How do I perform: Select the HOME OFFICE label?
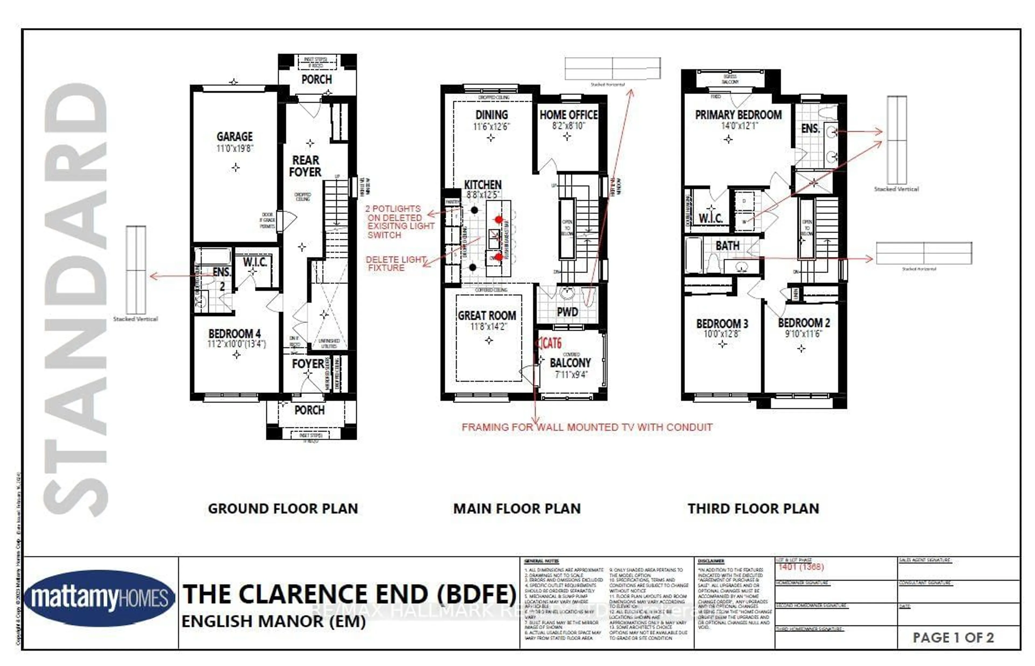pos(568,115)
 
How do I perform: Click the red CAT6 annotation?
pos(551,343)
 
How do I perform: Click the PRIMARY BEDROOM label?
pos(738,115)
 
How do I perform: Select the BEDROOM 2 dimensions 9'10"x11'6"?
pos(803,334)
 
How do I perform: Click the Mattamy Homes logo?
pos(100,598)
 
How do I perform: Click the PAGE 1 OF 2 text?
pos(953,637)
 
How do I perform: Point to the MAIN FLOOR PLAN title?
pos(517,508)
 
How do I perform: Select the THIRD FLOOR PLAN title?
pos(753,508)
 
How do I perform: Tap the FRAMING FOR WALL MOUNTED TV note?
pos(587,427)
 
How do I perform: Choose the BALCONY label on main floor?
pos(570,363)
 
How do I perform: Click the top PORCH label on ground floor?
pos(316,80)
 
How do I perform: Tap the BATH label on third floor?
pos(727,246)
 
